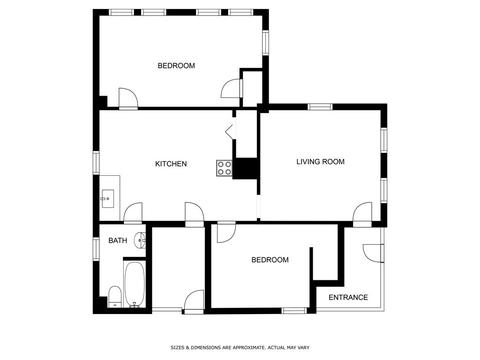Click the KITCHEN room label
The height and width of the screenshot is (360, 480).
171,164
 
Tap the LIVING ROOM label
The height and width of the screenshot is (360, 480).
320,162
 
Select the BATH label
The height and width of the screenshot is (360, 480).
118,240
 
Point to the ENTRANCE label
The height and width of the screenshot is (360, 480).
348,297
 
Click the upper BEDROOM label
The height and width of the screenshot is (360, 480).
176,66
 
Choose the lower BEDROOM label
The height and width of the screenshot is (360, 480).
270,260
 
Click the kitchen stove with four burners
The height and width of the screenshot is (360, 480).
224,168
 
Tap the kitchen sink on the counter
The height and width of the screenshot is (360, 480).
108,199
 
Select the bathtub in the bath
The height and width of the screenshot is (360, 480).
134,284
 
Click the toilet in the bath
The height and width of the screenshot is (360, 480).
114,296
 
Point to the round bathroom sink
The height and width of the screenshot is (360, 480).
140,240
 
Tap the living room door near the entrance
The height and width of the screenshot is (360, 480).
362,214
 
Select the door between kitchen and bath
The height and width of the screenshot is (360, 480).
133,213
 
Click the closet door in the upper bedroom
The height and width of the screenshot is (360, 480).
231,88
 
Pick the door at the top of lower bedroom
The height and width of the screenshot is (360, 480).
226,232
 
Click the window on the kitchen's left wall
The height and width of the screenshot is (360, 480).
96,162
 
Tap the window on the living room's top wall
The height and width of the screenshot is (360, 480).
320,107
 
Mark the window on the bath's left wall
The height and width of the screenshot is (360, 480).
96,249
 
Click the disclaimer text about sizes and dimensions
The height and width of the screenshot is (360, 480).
240,347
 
